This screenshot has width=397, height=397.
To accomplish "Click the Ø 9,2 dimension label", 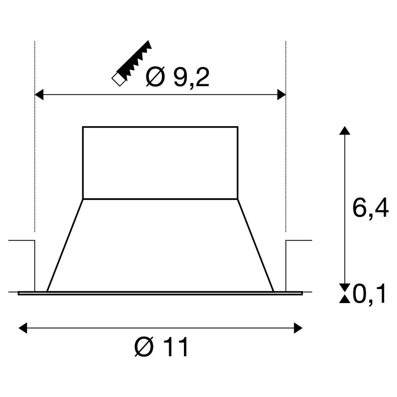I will pos(178,77).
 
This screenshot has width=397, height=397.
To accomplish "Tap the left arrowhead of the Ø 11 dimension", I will pos(23,328).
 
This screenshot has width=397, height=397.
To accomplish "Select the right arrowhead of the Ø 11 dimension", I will pos(298,328).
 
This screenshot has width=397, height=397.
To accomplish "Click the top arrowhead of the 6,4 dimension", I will pos(345,130).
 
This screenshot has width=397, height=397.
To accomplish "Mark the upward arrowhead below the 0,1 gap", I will pos(345,299).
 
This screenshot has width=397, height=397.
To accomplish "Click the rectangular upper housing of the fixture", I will pos(160,162).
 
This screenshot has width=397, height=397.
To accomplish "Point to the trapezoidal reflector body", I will pos(160,245).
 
